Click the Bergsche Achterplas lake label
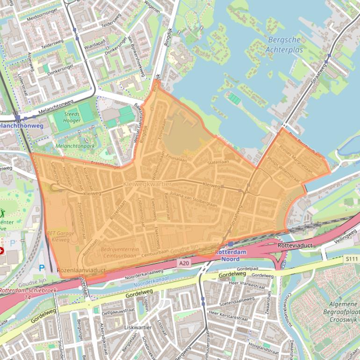tap(285, 45)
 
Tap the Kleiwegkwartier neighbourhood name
tap(144, 185)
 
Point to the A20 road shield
tap(184, 264)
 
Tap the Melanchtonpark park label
tap(74, 146)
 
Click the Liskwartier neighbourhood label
tap(137, 328)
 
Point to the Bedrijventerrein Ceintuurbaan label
tap(119, 252)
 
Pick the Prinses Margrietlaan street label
tap(295, 159)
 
